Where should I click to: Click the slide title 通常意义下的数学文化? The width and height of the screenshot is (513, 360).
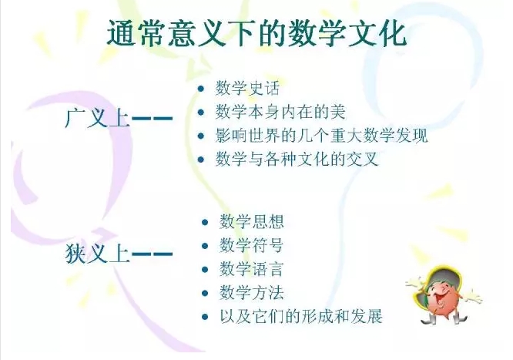(256, 33)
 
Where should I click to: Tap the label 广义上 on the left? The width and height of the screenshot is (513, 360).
(98, 118)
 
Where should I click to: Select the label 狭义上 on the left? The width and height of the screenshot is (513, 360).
(98, 253)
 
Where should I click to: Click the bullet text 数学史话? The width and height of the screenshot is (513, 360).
(247, 89)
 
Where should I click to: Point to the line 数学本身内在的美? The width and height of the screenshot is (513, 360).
(280, 112)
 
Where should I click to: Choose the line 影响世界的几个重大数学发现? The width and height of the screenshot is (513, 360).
(321, 136)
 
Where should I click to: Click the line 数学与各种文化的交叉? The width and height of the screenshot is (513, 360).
(297, 160)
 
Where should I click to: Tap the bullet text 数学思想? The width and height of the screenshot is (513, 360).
(251, 222)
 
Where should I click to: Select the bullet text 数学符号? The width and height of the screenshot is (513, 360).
(251, 245)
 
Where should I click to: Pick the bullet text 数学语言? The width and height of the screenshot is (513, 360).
(251, 269)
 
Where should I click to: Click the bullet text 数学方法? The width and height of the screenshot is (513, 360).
(251, 293)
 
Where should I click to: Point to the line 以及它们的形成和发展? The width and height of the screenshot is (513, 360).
(300, 316)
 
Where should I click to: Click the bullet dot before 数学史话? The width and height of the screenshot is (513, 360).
(201, 89)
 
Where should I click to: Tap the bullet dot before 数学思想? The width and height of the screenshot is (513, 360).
(205, 223)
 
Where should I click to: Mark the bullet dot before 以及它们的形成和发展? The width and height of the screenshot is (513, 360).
(205, 317)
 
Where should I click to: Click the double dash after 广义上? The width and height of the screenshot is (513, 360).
(152, 118)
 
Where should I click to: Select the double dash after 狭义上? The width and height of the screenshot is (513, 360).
(152, 254)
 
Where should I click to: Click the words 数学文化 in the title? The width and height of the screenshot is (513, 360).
(347, 33)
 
